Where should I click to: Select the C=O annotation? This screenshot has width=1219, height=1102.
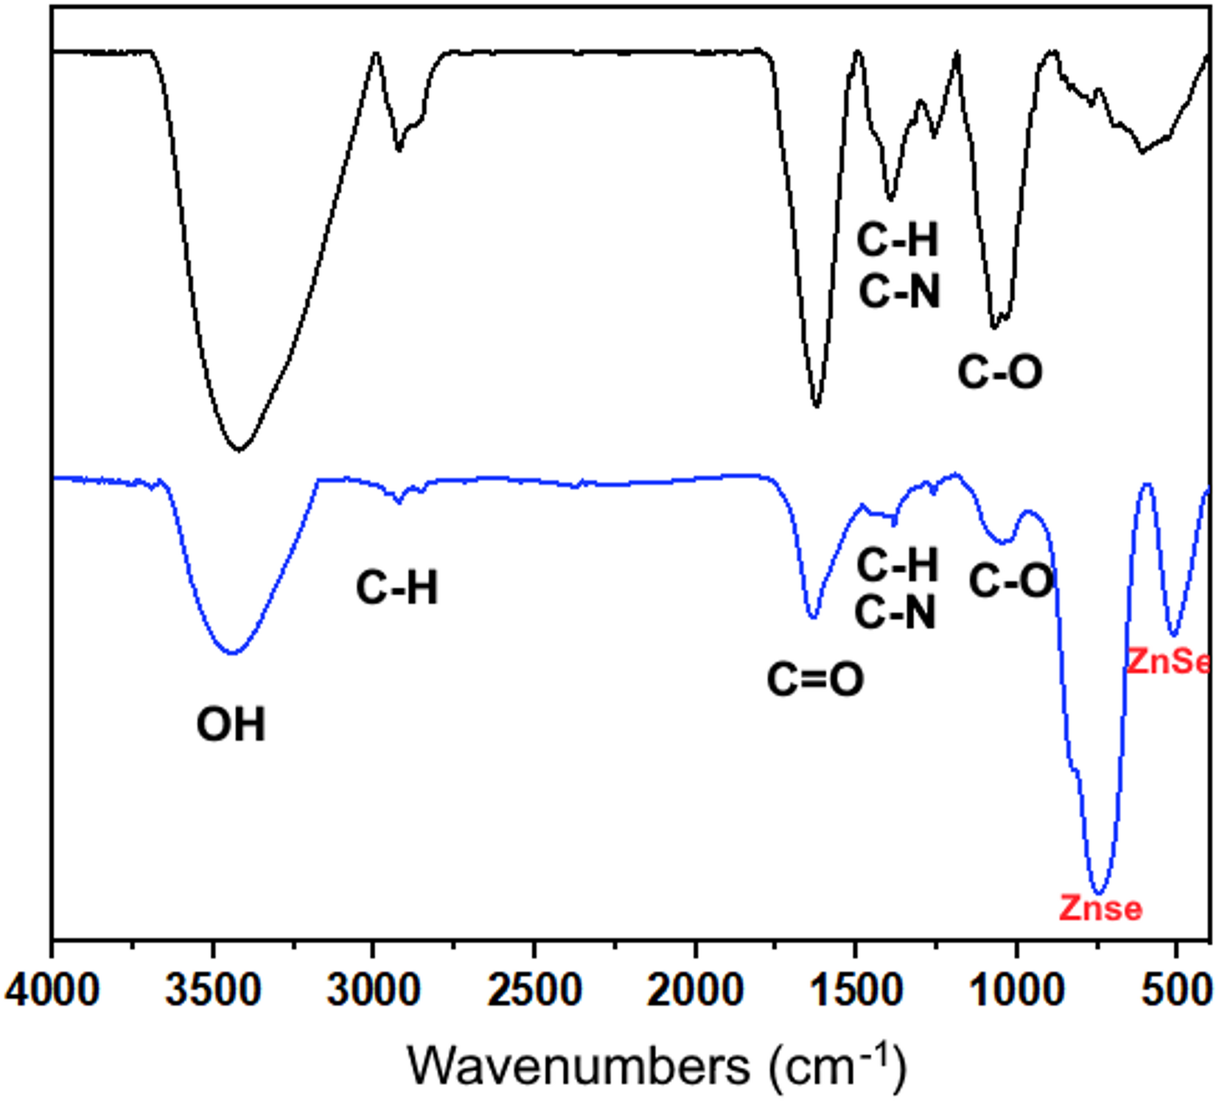click(815, 678)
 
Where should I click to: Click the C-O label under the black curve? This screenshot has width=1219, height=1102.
click(1000, 371)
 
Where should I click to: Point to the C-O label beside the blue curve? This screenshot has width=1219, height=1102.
click(1011, 581)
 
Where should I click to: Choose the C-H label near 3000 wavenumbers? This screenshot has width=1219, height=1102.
click(397, 588)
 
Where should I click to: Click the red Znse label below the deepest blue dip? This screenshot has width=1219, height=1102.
click(1100, 908)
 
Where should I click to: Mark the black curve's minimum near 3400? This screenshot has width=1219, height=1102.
click(238, 449)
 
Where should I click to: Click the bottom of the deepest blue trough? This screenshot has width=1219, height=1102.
click(1099, 893)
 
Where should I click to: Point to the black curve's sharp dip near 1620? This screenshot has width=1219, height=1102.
click(816, 405)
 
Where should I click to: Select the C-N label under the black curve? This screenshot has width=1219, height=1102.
click(900, 291)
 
